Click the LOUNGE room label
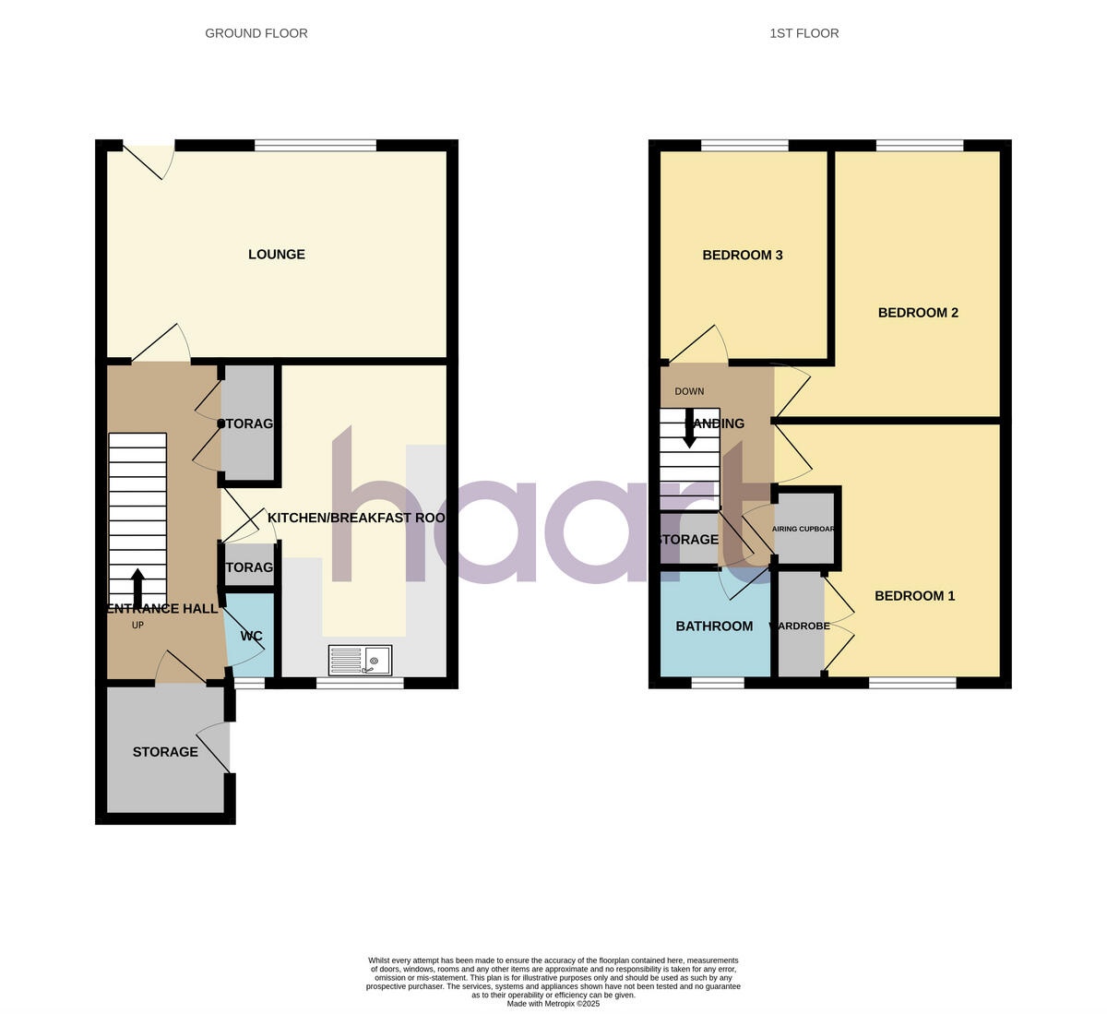[x=277, y=255]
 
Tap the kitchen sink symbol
[x=361, y=660]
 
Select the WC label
[x=251, y=637]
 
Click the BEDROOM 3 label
[x=743, y=256]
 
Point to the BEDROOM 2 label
[x=918, y=313]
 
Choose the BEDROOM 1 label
[x=914, y=596]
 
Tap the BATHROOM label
[x=714, y=626]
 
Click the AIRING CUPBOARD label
[x=804, y=530]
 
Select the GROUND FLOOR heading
[x=256, y=33]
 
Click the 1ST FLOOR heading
[x=804, y=33]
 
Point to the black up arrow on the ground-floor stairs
[x=137, y=585]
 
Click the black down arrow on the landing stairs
[x=689, y=431]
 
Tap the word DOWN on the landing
[x=689, y=391]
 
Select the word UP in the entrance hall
[x=137, y=626]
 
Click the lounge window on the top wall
[x=315, y=145]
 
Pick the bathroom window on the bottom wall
[x=718, y=683]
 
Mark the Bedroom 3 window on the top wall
[x=744, y=145]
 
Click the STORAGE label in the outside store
[x=165, y=752]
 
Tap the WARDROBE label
[x=801, y=626]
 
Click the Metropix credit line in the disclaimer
[x=553, y=1004]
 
